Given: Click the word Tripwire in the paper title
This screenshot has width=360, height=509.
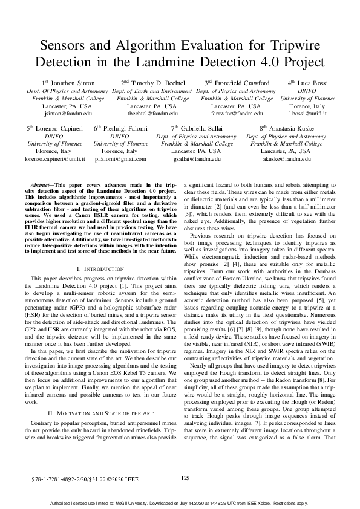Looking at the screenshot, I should [290, 45].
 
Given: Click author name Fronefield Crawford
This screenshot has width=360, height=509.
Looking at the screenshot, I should [240, 82].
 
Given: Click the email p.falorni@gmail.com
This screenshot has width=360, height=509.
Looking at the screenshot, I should [120, 159].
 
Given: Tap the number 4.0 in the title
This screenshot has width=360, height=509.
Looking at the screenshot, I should [256, 62].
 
